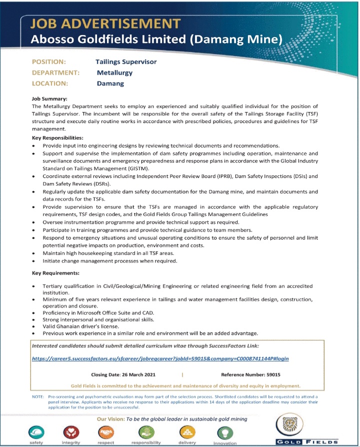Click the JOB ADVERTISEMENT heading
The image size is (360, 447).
coord(105,23)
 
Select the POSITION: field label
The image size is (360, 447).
coord(49,62)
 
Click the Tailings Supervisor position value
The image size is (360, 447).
coord(126,62)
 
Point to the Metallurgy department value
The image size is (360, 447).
coord(114,73)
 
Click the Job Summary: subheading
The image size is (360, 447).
coord(53,99)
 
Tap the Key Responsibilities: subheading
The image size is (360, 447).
coord(57,137)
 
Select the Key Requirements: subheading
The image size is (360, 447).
coord(55,273)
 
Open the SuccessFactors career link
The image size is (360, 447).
coord(160,358)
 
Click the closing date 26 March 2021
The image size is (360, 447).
coord(119,374)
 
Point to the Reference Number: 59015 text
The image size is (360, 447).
coord(250,374)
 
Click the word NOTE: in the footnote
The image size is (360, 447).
coord(37,396)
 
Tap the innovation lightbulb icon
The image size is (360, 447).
coord(224,431)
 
